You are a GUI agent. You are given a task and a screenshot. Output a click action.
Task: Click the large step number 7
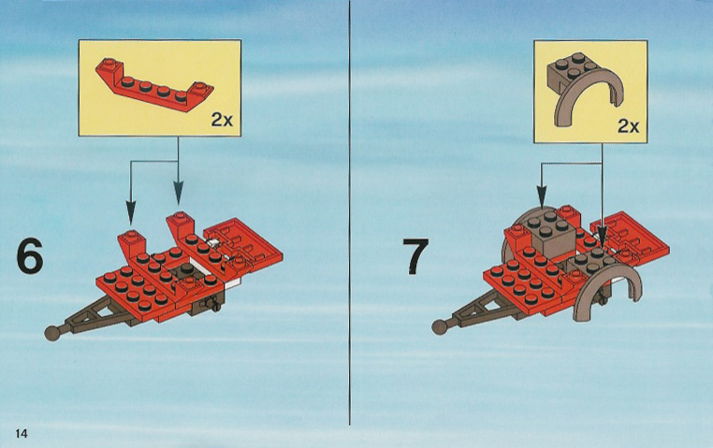(x=415, y=256)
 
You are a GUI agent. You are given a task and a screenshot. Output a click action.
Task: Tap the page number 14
(x=22, y=433)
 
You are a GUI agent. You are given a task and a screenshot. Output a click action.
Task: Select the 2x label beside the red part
(x=222, y=120)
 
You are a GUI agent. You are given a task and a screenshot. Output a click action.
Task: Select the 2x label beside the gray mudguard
(x=629, y=126)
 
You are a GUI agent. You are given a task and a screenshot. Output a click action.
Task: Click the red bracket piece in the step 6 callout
(x=154, y=85)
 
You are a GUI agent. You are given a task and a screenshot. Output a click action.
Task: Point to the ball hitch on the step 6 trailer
(x=52, y=333)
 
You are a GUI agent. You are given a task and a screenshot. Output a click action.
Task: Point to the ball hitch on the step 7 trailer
(x=439, y=327)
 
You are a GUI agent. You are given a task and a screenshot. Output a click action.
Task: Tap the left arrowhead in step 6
(x=131, y=213)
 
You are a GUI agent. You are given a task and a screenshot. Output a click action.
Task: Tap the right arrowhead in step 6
(x=178, y=193)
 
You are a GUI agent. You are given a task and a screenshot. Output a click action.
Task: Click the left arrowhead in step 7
(x=542, y=197)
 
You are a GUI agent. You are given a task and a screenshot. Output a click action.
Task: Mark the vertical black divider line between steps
(x=350, y=212)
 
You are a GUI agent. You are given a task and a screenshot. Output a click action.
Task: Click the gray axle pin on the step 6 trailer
(x=211, y=304)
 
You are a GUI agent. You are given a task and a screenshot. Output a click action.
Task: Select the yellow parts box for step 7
(x=590, y=91)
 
